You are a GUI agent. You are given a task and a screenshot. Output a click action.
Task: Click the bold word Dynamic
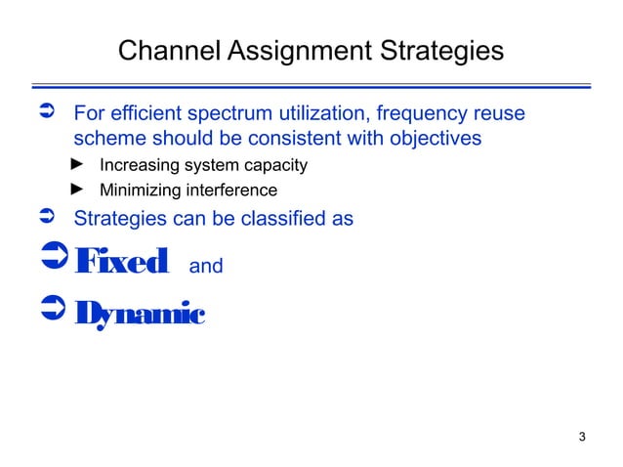pos(140,314)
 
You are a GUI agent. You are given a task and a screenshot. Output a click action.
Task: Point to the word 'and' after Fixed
pos(205,266)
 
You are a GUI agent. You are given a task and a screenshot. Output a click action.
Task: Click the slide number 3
pos(582,436)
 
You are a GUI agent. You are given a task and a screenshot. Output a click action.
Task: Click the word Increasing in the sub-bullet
pos(135,165)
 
